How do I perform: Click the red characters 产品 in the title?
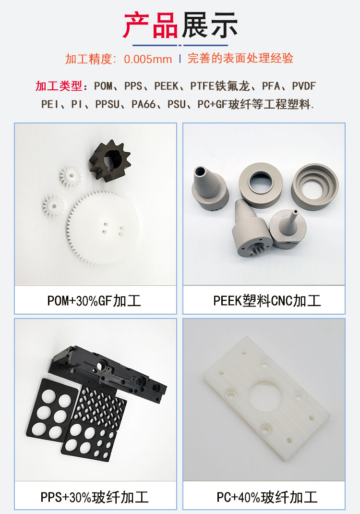tap(151, 25)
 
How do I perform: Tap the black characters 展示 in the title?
tap(210, 25)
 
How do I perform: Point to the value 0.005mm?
tap(148, 59)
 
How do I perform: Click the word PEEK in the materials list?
tap(167, 86)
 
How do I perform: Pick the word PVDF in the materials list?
tap(303, 86)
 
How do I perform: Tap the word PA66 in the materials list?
tap(144, 104)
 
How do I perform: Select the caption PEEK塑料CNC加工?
tap(267, 301)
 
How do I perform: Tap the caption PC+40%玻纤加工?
tap(267, 497)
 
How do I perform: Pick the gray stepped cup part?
tap(315, 185)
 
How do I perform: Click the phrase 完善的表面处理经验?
tap(240, 59)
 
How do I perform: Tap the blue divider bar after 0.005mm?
tap(180, 59)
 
